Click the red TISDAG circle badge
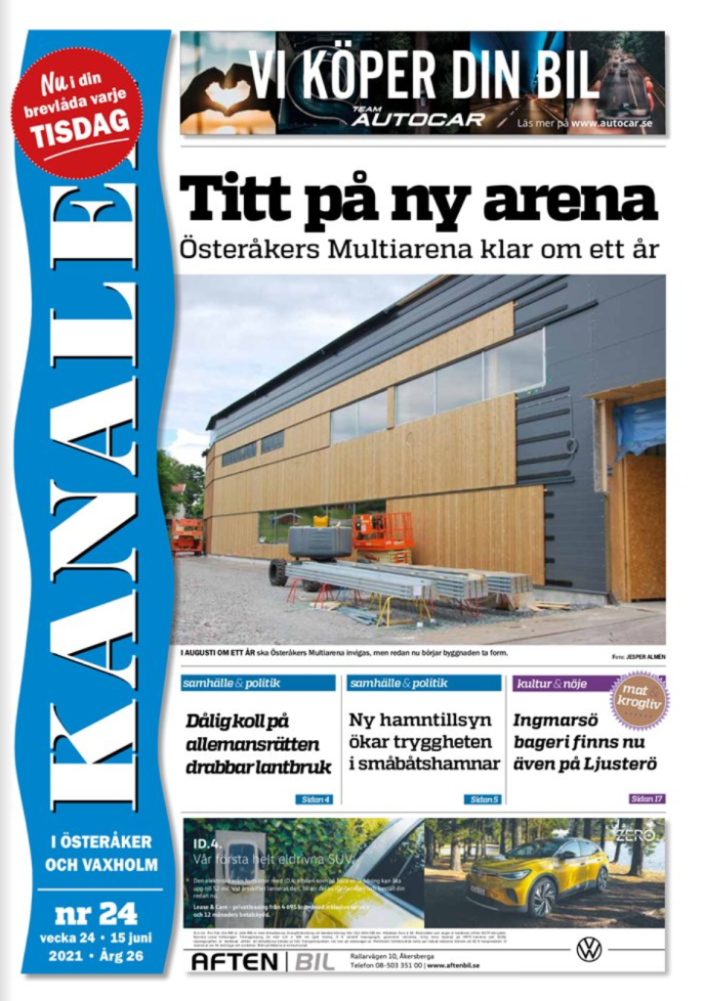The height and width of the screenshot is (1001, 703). point(77,112)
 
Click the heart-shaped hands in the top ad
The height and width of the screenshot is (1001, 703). point(227,91)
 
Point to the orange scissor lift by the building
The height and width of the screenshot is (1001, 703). point(383,535)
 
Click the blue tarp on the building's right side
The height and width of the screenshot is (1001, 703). point(640,426)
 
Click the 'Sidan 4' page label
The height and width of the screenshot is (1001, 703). point(314,799)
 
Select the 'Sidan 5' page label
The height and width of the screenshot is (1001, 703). point(482,799)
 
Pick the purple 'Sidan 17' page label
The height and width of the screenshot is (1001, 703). point(647,799)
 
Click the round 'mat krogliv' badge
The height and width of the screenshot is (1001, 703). point(640,700)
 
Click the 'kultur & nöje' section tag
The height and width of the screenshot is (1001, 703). point(553,683)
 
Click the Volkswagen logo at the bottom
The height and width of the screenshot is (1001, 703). point(589,948)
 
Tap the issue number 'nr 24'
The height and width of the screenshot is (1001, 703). point(95,913)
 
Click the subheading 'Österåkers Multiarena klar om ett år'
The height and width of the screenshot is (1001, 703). point(419,248)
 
